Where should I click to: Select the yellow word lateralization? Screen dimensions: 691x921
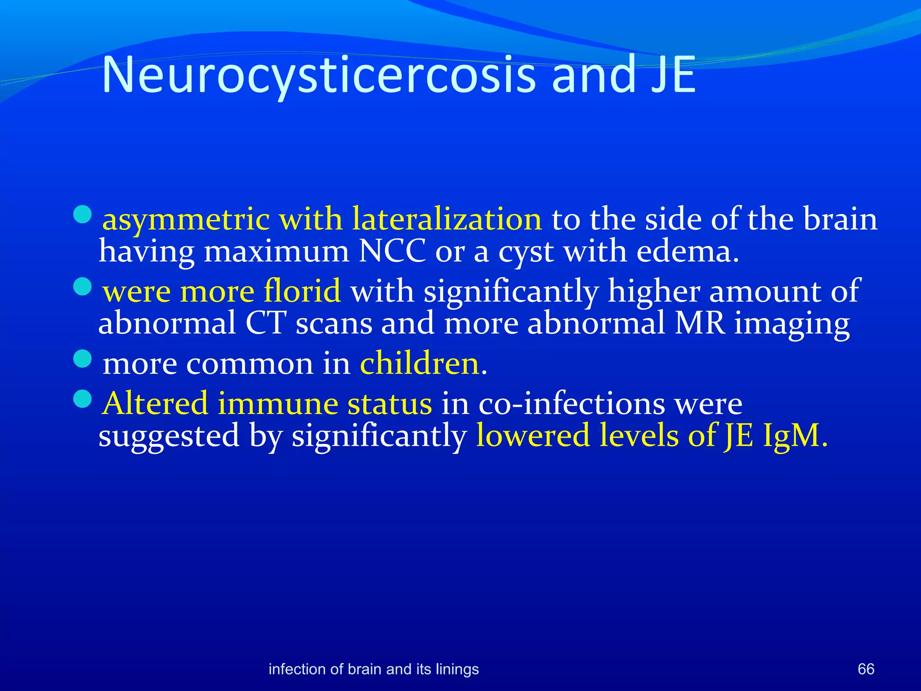[447, 219]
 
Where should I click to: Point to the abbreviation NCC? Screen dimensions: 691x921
[392, 251]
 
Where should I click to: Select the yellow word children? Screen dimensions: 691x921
[420, 363]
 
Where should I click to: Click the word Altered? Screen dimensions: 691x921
[156, 403]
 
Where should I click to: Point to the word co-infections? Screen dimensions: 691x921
[572, 403]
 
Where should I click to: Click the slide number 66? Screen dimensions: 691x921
[866, 669]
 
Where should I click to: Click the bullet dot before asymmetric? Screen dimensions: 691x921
[82, 215]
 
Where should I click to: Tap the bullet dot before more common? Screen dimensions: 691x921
[82, 359]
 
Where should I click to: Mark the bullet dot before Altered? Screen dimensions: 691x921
[82, 399]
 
